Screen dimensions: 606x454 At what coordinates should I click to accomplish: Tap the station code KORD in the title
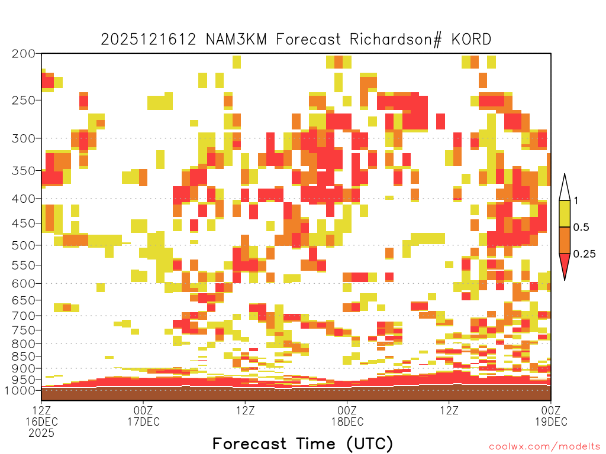point(471,40)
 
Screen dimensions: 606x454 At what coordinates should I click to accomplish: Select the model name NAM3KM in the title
point(236,40)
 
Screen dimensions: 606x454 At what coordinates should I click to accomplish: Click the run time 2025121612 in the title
point(149,40)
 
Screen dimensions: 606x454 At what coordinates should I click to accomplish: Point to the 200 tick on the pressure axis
point(24,54)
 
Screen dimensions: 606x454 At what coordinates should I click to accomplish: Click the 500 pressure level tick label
point(24,245)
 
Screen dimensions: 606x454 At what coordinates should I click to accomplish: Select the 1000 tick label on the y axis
point(20,391)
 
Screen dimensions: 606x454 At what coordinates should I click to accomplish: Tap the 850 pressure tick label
point(24,356)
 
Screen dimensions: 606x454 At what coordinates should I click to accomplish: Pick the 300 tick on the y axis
point(24,138)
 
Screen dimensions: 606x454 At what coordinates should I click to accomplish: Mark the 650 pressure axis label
point(24,300)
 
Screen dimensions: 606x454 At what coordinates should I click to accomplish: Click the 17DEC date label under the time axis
point(143,421)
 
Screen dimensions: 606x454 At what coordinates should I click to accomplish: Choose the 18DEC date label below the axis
point(347,421)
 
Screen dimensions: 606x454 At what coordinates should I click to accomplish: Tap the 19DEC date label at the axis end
point(551,421)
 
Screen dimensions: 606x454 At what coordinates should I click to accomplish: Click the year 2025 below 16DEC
point(41,433)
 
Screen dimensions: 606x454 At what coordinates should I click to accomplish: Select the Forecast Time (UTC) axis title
point(302,444)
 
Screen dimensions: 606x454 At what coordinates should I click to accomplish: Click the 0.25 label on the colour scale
point(584,254)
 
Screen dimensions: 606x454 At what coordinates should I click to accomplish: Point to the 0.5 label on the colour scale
point(581,227)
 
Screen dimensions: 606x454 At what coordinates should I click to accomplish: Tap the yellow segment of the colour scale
point(565,213)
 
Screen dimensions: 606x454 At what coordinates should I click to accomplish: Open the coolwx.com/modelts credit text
point(544,447)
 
